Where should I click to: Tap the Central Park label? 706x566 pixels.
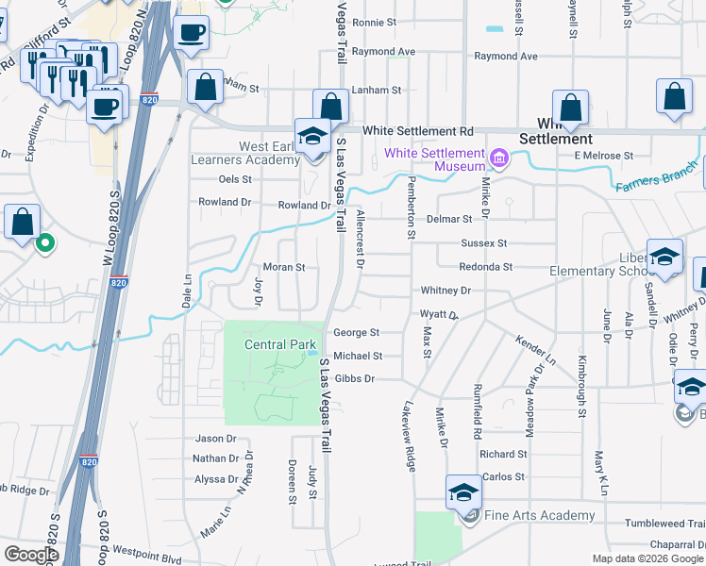coord(278,344)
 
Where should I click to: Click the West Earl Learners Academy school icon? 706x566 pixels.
coord(311,137)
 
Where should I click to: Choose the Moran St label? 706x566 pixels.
coord(284,267)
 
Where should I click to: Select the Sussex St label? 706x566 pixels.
coord(484,242)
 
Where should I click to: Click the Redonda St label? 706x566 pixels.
coord(486,267)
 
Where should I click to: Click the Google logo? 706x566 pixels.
coord(31,555)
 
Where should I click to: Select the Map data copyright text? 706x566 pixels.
coord(647,558)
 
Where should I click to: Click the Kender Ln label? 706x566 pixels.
coord(535,351)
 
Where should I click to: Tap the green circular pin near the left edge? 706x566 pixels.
coord(44,244)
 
